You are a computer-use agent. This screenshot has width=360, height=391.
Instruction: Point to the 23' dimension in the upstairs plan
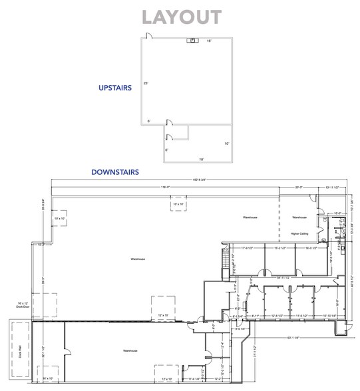145,84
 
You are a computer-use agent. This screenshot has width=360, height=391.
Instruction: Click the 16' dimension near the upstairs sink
209,41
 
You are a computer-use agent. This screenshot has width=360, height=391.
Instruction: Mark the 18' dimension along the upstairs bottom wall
200,159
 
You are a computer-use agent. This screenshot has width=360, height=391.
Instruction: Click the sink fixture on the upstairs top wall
192,41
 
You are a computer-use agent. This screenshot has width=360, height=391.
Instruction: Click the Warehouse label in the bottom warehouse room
130,350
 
